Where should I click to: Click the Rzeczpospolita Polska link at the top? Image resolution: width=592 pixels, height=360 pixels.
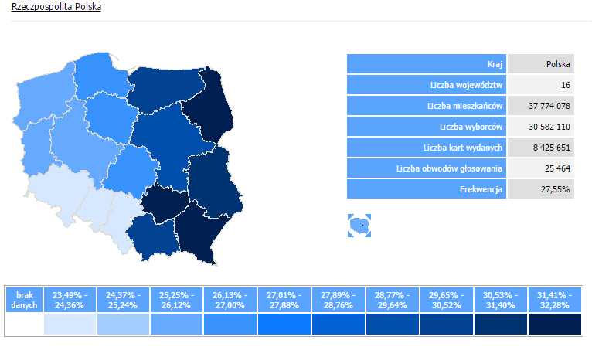56,6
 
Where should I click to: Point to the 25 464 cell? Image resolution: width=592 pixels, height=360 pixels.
556,168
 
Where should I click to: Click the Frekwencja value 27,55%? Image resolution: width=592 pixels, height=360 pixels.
556,189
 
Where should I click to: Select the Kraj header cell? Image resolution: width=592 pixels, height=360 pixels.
495,64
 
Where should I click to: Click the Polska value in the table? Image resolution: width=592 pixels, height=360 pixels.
558,64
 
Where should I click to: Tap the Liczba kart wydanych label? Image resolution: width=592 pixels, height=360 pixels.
463,148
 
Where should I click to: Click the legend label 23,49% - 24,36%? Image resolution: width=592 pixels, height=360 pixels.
70,300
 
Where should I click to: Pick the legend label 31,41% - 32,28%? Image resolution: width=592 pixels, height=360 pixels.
554,300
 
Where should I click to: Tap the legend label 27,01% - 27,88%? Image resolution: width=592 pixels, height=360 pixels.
283,300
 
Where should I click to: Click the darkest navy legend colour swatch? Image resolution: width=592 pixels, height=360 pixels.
554,324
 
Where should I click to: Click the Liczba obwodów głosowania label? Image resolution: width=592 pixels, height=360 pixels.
449,168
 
